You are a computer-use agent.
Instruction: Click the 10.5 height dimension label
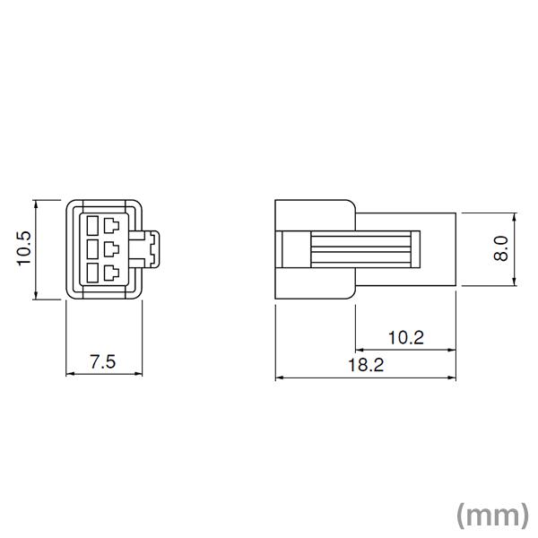(x=23, y=248)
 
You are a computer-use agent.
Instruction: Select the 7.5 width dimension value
(x=103, y=361)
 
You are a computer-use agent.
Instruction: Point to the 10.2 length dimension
(x=405, y=337)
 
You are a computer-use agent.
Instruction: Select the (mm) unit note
(x=492, y=514)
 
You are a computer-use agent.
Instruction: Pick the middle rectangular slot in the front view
(x=93, y=248)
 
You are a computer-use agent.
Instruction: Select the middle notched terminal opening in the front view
(x=112, y=248)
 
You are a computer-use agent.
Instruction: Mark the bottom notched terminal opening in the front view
(x=112, y=272)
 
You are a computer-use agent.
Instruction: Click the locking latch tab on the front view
(x=149, y=248)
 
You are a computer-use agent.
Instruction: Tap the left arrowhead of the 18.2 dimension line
(x=279, y=377)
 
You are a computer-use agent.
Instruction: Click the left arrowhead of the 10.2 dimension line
(x=360, y=350)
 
